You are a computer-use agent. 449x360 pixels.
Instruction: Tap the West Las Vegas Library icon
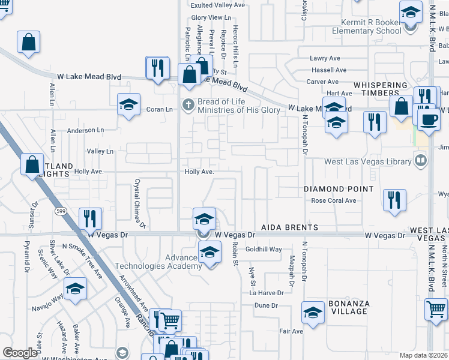point(421,161)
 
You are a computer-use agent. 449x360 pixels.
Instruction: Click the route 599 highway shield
point(61,211)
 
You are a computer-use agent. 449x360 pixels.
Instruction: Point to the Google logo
point(20,353)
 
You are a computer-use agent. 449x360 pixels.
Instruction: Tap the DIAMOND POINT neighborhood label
point(339,188)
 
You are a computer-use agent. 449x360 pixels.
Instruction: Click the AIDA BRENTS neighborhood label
point(289,228)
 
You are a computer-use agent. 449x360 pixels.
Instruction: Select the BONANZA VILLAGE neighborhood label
point(348,307)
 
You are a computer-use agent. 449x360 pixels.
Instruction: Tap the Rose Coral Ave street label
point(334,200)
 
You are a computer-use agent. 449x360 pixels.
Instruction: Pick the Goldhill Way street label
point(264,249)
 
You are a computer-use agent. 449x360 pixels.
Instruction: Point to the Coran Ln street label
point(160,109)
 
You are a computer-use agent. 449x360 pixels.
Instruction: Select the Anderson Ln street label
point(85,130)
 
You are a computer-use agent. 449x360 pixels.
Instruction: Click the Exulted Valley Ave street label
point(218,5)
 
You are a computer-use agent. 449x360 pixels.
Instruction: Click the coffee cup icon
point(428,119)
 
